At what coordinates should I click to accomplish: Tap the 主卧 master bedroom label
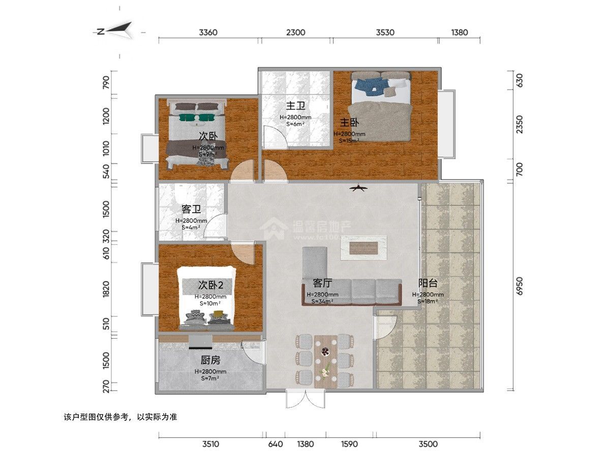pos(349,122)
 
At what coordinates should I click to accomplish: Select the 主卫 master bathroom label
pos(295,106)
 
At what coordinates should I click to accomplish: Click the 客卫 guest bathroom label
pos(191,209)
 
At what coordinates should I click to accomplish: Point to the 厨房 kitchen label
pos(210,360)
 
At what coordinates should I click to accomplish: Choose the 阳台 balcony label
pos(428,283)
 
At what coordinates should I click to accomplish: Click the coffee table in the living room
pos(364,248)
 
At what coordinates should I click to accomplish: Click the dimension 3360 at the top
pos(208,32)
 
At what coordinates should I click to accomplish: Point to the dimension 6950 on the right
pos(519,286)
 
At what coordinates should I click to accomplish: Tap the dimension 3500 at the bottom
pos(428,444)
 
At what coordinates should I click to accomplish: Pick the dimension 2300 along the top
pos(295,32)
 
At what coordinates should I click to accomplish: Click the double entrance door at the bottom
pos(304,399)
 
